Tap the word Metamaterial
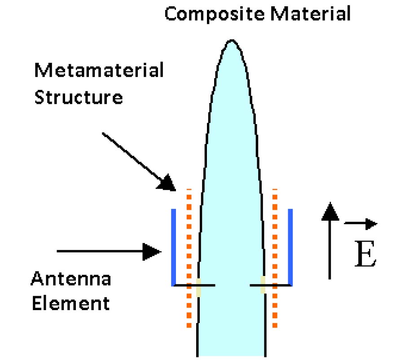[99, 71]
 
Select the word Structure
[79, 97]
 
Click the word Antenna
[71, 280]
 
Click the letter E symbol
[364, 254]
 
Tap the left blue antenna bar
[173, 247]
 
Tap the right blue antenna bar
[290, 247]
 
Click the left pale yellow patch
[198, 287]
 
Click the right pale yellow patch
[263, 285]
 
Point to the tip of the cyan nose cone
[231, 41]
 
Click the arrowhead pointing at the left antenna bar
[153, 251]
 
